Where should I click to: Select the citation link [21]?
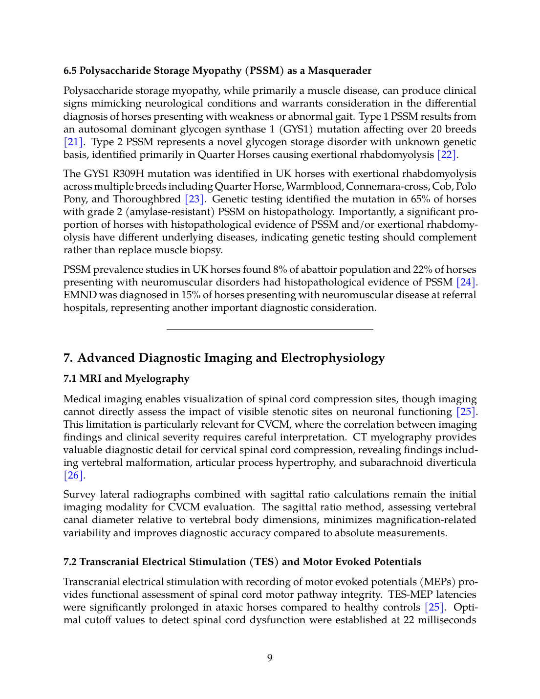[x=73, y=142]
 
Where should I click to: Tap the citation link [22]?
[x=447, y=155]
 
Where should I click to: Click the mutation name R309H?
[x=129, y=174]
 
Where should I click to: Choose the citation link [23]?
[x=194, y=199]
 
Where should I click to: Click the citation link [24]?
[x=466, y=283]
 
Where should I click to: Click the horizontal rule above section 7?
[x=270, y=330]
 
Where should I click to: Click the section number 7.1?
[x=71, y=379]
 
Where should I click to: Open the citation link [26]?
[x=73, y=476]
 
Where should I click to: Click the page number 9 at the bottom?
[x=270, y=658]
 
